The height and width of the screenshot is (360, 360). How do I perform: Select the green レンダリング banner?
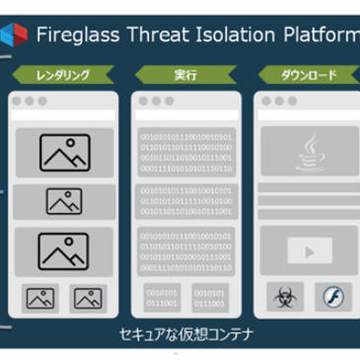[64, 74]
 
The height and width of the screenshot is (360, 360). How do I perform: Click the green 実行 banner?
[185, 74]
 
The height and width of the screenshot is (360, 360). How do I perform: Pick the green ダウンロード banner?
[308, 74]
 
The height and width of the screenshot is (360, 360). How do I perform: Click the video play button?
[308, 252]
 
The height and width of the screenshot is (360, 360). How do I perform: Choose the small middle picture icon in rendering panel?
[64, 201]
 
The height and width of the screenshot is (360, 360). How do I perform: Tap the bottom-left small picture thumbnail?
[40, 298]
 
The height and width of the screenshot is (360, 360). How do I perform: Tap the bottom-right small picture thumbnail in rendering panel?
[87, 298]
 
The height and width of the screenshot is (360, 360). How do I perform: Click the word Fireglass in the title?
[72, 34]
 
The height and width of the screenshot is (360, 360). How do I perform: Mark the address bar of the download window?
[308, 115]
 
